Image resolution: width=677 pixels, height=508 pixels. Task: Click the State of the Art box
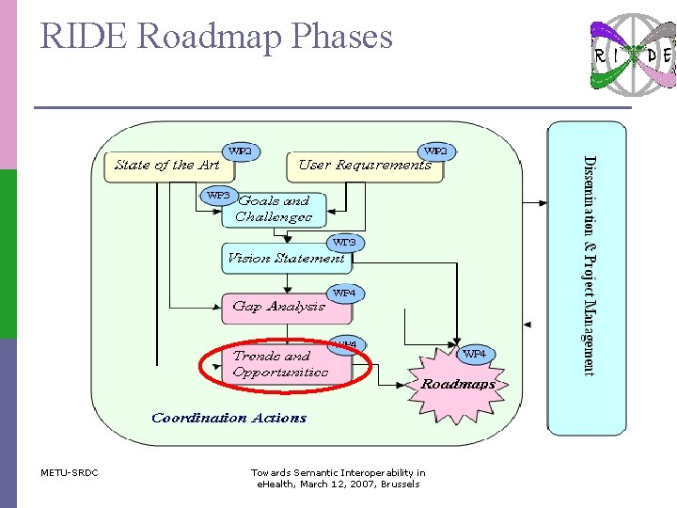coord(167,166)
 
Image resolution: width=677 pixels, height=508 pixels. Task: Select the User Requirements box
coord(365,166)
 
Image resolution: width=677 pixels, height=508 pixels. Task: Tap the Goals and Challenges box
coord(274,209)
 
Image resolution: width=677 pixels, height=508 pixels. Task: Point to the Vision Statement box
coord(285,258)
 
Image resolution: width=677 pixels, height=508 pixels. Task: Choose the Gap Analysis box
coord(277,307)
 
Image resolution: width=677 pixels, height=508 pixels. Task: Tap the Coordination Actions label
coord(228,418)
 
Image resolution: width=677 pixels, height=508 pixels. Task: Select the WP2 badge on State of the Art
coord(241,150)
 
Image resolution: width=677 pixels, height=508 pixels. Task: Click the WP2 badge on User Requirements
coord(435,150)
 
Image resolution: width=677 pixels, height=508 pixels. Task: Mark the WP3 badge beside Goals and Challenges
coord(218,195)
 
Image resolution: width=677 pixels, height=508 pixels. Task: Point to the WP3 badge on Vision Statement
coord(345,243)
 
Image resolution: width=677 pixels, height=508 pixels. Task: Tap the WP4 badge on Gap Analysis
coord(345,294)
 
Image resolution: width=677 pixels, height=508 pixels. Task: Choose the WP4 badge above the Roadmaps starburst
coord(475,354)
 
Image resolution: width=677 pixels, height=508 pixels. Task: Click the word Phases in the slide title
coord(342,37)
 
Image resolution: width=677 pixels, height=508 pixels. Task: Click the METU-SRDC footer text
coord(70,472)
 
